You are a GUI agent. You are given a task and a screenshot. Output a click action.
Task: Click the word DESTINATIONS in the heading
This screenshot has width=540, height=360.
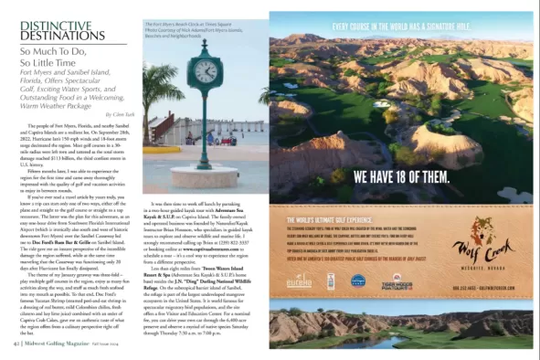55,32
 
